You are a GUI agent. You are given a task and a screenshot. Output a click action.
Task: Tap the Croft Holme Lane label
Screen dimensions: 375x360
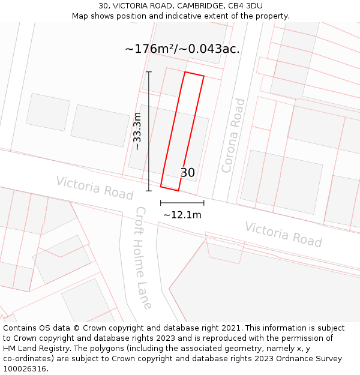(143, 258)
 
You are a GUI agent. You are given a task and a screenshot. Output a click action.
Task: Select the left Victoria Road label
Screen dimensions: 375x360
(94, 188)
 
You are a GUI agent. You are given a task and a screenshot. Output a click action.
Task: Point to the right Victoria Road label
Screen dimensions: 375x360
(283, 234)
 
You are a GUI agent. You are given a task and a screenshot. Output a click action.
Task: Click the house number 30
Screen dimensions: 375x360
(187, 173)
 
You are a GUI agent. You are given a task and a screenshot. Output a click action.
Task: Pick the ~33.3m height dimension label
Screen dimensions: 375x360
(137, 131)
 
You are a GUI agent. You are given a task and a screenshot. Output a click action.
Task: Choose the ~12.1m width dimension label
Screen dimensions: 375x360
(182, 215)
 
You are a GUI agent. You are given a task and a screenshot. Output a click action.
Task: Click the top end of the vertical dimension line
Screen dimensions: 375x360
(149, 72)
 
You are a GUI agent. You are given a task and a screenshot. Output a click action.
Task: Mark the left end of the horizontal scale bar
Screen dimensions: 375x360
(161, 203)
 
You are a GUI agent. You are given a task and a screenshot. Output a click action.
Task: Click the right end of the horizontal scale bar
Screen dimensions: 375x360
(204, 203)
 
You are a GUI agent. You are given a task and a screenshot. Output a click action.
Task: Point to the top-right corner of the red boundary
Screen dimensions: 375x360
(204, 77)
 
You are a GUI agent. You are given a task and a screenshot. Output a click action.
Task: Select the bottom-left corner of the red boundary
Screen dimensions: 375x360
(161, 186)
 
